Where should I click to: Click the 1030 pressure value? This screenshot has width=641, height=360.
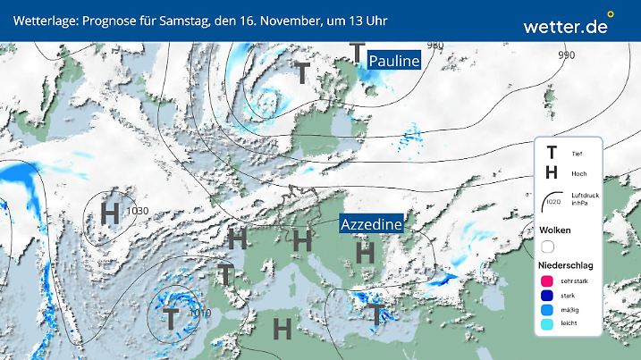[138, 211]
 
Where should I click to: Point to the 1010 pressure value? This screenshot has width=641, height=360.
[199, 314]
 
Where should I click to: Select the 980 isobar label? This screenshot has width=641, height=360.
[435, 46]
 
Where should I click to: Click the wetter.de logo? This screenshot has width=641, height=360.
[566, 26]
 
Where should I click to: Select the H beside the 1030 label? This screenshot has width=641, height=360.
[110, 213]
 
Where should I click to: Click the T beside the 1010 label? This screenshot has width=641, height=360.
[170, 316]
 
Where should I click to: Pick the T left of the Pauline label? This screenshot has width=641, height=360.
[358, 53]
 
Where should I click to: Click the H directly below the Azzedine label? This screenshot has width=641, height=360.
[364, 252]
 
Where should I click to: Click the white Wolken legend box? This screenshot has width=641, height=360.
[547, 246]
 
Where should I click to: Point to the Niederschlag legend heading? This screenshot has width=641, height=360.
[567, 266]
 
